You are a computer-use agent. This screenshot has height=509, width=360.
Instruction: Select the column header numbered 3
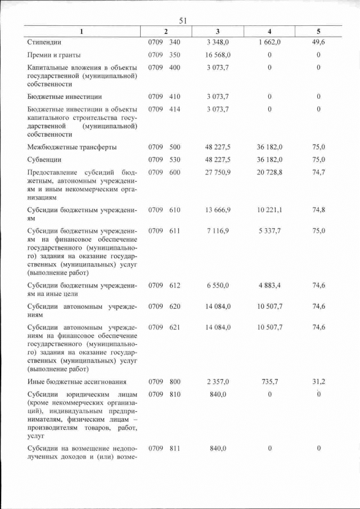[218, 32]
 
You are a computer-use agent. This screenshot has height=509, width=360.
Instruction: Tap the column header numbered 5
[318, 32]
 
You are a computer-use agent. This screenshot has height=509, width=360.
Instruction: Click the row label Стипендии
[44, 42]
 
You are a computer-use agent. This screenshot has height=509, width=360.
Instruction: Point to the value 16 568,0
[218, 55]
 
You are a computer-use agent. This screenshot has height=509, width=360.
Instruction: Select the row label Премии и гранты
[54, 55]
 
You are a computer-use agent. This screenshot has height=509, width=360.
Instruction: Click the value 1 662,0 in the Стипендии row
[269, 42]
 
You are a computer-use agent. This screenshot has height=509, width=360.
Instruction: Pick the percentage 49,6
[318, 42]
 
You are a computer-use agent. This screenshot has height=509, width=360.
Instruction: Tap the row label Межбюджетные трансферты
[72, 147]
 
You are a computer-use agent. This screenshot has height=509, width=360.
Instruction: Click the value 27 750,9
[218, 173]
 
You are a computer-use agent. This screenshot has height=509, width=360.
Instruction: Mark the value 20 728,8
[269, 173]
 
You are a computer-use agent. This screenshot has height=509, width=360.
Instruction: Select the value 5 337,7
[269, 231]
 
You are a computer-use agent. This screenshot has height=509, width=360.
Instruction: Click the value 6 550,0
[218, 286]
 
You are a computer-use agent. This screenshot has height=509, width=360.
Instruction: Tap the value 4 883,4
[269, 286]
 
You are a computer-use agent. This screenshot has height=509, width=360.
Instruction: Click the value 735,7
[269, 382]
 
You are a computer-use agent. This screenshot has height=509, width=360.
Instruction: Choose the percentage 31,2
[318, 382]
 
